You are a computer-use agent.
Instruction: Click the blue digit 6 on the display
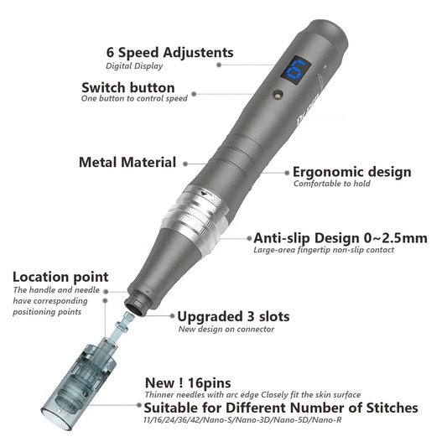[x=296, y=70]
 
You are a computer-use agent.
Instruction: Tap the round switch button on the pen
[x=278, y=94]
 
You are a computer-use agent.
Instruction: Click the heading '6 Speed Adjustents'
[x=170, y=53]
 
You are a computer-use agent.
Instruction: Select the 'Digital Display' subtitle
[x=134, y=66]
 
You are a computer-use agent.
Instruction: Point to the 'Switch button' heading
[x=128, y=87]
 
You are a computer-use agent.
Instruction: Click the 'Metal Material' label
[x=127, y=162]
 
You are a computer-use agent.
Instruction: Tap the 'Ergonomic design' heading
[x=352, y=172]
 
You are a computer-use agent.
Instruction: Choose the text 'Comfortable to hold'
[x=332, y=184]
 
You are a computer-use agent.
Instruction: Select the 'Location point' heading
[x=60, y=277]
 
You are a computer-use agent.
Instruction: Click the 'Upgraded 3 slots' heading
[x=233, y=317]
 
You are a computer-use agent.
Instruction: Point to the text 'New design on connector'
[x=226, y=330]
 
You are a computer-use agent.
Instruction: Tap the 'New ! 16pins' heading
[x=188, y=383]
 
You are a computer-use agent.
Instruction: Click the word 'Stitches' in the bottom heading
[x=392, y=408]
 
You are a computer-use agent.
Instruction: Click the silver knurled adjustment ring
[x=195, y=215]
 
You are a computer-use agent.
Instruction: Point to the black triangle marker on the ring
[x=204, y=194]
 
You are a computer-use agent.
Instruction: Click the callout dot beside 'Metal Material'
[x=185, y=164]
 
